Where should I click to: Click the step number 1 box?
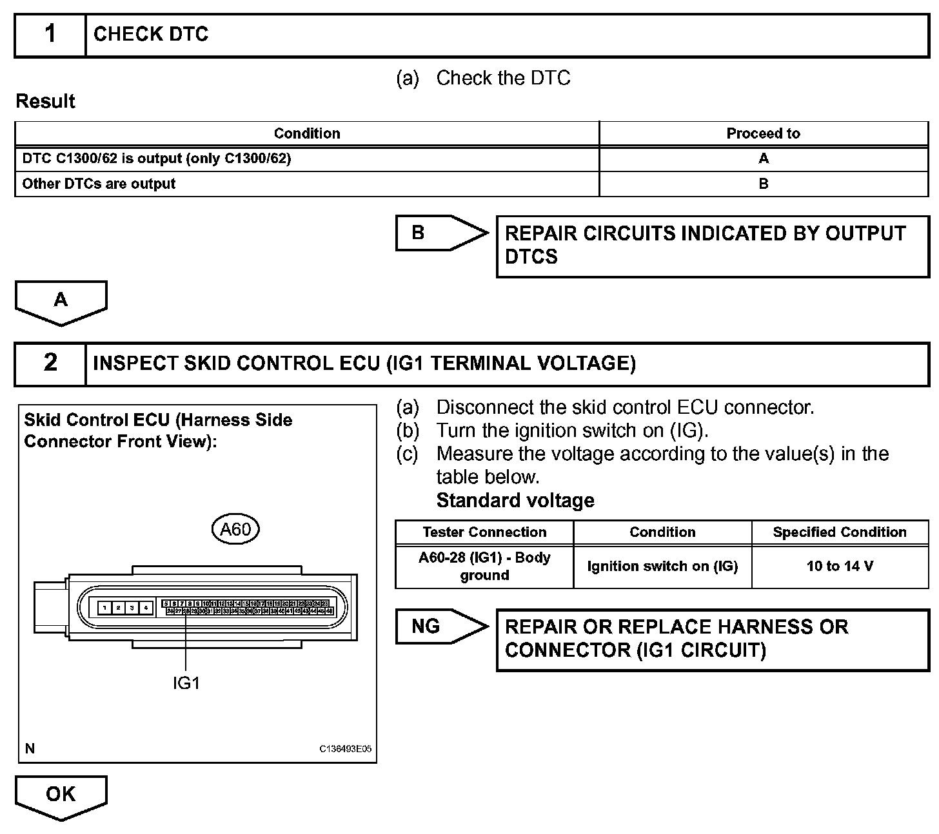pyautogui.click(x=50, y=35)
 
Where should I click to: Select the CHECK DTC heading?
pyautogui.click(x=151, y=35)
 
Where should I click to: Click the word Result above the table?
pyautogui.click(x=45, y=101)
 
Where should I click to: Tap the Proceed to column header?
pyautogui.click(x=763, y=133)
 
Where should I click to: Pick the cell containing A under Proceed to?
pyautogui.click(x=763, y=159)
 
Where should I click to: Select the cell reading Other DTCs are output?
pyautogui.click(x=99, y=184)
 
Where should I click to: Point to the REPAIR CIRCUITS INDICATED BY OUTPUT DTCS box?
pyautogui.click(x=712, y=246)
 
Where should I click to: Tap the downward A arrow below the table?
pyautogui.click(x=61, y=301)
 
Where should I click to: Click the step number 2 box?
pyautogui.click(x=50, y=364)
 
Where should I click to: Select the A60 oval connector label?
pyautogui.click(x=235, y=529)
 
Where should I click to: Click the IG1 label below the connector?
pyautogui.click(x=186, y=683)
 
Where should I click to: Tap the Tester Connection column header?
pyautogui.click(x=484, y=532)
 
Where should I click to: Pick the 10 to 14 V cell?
pyautogui.click(x=840, y=567)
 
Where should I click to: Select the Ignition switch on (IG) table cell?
pyautogui.click(x=662, y=567)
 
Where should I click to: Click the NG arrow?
pyautogui.click(x=440, y=626)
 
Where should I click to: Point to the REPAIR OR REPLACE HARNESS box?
pyautogui.click(x=712, y=639)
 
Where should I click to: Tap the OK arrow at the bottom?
pyautogui.click(x=61, y=795)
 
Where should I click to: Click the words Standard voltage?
pyautogui.click(x=515, y=501)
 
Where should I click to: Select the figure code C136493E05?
pyautogui.click(x=345, y=749)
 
